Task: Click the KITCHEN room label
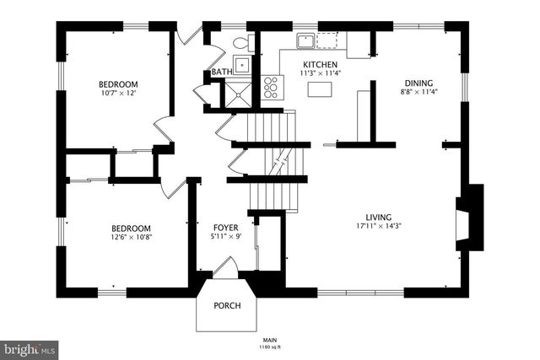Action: point(320,64)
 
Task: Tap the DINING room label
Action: point(418,83)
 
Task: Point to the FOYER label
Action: point(225,228)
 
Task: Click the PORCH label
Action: point(226,305)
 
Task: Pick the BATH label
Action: point(221,73)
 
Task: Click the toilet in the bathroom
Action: point(240,41)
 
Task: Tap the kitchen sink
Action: point(305,40)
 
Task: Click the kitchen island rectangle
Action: point(319,88)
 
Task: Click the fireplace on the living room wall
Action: point(469,219)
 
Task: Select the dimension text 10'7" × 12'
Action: point(118,94)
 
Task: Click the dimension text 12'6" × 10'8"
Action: point(131,238)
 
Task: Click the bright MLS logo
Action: point(30,347)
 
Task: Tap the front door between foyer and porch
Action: point(225,269)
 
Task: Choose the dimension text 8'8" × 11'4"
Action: point(418,93)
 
